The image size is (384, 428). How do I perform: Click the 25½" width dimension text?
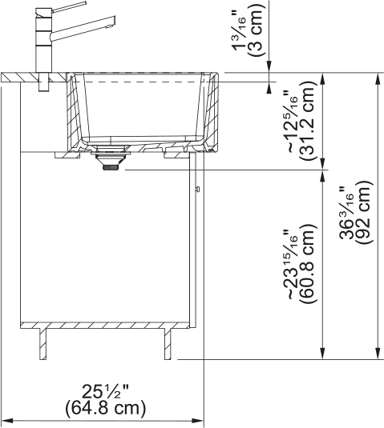pyautogui.click(x=106, y=392)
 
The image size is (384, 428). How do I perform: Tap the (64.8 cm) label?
pyautogui.click(x=106, y=408)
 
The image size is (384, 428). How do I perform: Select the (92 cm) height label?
pyautogui.click(x=365, y=212)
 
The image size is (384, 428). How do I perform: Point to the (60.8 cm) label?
pyautogui.click(x=309, y=264)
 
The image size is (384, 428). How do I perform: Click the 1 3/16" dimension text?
pyautogui.click(x=239, y=32)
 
